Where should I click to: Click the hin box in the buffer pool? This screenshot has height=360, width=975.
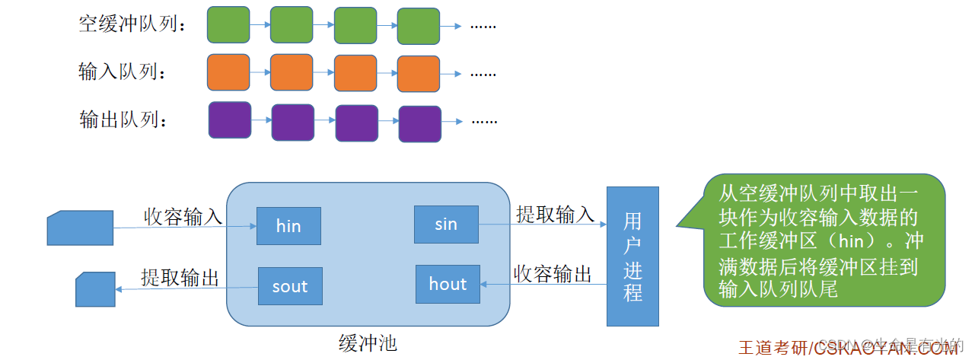pos(288,225)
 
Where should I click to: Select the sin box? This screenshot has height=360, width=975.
pos(446,225)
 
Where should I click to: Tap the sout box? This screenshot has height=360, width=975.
pos(289,286)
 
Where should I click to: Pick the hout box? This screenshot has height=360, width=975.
pos(448,284)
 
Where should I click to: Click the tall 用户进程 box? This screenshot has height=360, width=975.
pos(632,256)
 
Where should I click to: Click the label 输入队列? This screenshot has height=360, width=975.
pos(122,72)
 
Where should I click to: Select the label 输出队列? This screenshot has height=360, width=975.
pos(122,120)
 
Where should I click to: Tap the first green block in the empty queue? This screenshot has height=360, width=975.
pos(228,24)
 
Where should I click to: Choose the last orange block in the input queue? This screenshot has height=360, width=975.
pos(419,74)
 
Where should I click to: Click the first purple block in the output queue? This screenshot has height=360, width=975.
pos(230,120)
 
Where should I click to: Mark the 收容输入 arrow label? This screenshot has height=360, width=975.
pos(183,216)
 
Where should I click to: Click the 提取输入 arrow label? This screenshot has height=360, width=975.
pos(555,215)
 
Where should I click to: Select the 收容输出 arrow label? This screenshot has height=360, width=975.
pos(553,275)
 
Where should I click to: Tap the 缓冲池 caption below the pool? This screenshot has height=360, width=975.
pos(368,342)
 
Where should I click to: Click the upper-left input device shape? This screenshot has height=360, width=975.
pos(80,228)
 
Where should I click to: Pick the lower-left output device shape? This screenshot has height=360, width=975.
pos(95,290)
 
